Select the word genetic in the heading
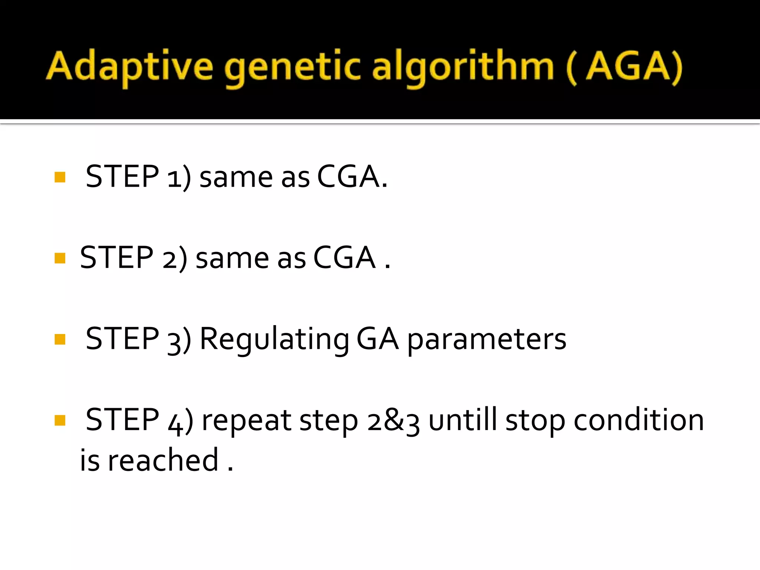pos(292,67)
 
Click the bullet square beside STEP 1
pos(60,177)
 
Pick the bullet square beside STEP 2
pos(60,258)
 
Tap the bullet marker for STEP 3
pos(60,339)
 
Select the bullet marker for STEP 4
pos(60,420)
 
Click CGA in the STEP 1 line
pos(348,177)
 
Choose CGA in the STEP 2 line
pos(344,258)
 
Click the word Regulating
pos(274,339)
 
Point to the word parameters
pos(487,340)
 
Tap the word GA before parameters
pos(377,339)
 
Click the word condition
pos(639,420)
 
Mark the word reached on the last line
pos(163,460)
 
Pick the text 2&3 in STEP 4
pos(393,421)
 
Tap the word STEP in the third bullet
pos(122,338)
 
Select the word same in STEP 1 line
pos(236,177)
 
